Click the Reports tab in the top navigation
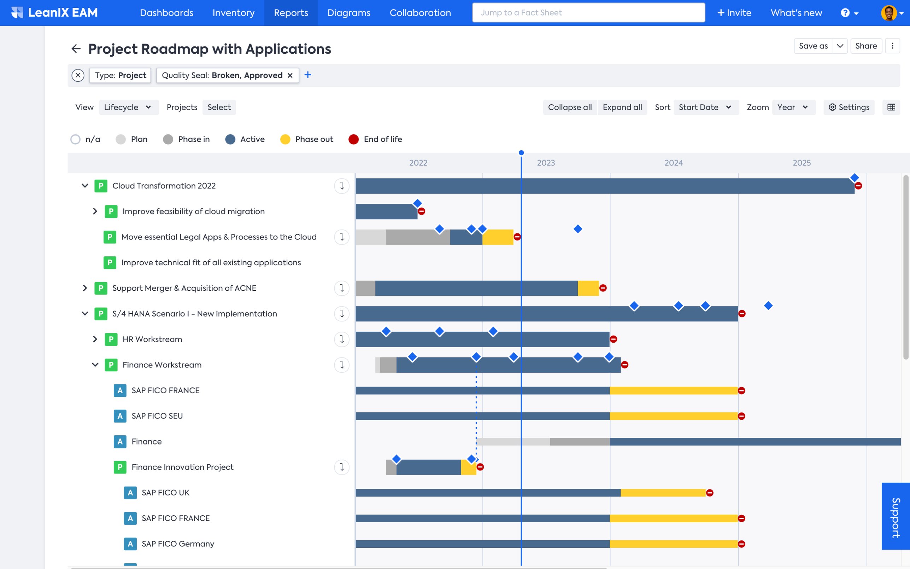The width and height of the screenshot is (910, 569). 291,13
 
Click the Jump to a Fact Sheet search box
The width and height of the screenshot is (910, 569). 588,13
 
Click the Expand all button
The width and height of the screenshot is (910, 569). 622,107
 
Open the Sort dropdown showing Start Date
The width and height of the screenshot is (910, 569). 705,107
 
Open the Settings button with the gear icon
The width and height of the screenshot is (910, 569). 849,107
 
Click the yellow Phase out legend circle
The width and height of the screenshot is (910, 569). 285,140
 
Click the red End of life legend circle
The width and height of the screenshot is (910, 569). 353,140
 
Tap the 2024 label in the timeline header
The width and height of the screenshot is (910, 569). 673,163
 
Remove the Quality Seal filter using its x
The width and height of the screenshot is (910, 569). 290,76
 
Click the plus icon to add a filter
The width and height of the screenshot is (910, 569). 307,75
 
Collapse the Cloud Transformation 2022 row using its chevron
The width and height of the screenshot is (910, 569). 85,186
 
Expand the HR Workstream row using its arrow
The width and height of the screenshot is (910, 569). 95,339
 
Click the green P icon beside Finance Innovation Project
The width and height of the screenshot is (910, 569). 120,467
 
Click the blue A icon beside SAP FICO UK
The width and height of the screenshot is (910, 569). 130,493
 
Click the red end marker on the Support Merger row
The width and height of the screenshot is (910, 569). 603,288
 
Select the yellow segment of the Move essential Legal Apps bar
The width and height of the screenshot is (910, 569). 498,237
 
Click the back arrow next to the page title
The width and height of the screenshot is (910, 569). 76,49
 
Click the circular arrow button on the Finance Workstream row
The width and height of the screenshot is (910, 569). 341,365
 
